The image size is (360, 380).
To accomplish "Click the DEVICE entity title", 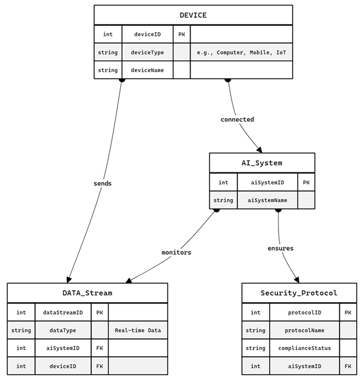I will click(x=193, y=15).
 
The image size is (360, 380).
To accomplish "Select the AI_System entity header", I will click(x=262, y=163).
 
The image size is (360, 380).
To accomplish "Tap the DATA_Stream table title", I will click(x=87, y=293).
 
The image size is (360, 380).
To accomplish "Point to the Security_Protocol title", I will click(x=299, y=293).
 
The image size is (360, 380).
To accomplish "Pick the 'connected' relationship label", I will click(x=237, y=119).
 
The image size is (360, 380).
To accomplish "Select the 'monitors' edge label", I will click(x=176, y=252).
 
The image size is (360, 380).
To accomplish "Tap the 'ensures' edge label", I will click(x=280, y=249).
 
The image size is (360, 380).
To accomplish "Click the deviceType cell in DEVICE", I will click(x=147, y=53).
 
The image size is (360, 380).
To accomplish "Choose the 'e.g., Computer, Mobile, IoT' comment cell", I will click(x=241, y=53).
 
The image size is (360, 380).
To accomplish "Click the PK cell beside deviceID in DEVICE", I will click(x=181, y=34).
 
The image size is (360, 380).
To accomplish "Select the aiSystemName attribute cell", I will click(x=267, y=200).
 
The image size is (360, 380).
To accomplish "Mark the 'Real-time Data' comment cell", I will click(x=138, y=330).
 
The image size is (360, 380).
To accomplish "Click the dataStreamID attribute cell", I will click(x=63, y=312).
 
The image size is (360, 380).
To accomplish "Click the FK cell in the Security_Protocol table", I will click(x=348, y=366).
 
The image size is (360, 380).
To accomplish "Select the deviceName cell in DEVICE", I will click(x=147, y=70).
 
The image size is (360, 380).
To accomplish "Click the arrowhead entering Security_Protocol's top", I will click(x=296, y=279).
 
